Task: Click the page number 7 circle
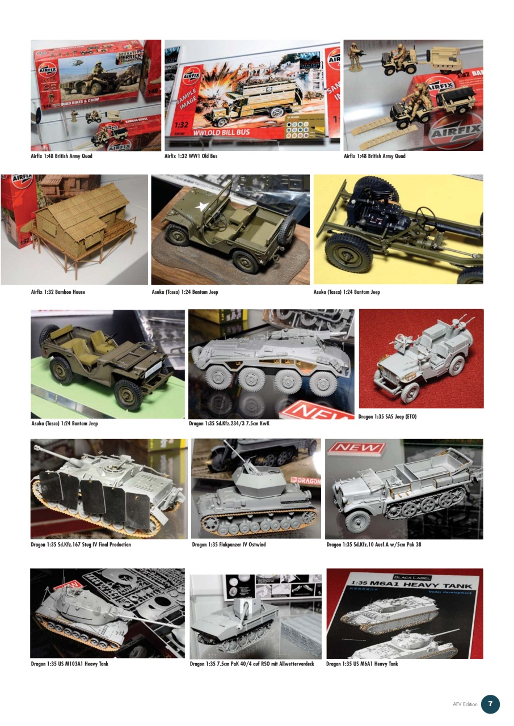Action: (490, 704)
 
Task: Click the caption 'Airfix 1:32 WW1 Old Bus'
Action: (191, 156)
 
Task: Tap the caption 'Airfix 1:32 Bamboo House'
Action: (58, 292)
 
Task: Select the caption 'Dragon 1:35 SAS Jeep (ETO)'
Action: (387, 417)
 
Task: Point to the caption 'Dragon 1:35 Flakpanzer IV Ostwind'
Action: (229, 544)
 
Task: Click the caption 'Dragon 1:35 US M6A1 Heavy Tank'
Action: (362, 664)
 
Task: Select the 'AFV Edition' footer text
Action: (465, 704)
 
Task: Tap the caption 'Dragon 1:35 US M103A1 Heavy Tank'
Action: (69, 664)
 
